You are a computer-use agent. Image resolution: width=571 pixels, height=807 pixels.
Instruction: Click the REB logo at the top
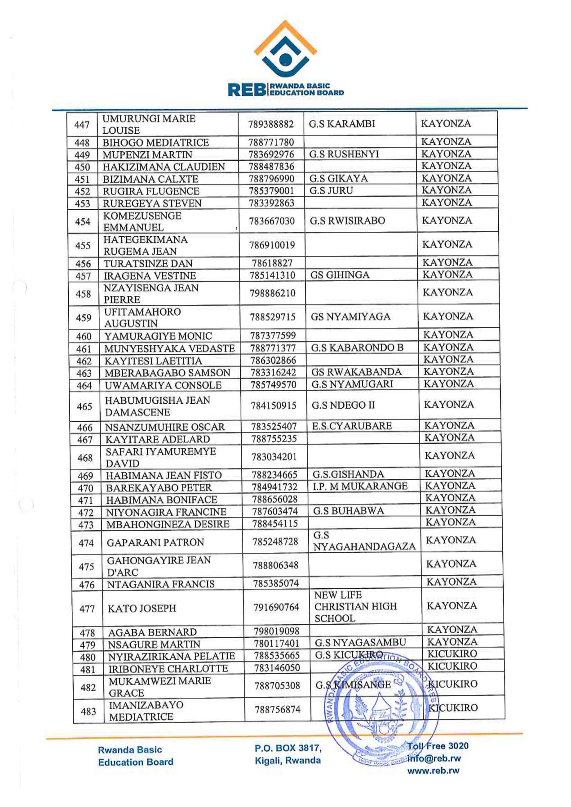(x=285, y=58)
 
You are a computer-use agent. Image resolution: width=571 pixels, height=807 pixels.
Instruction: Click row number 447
(x=82, y=124)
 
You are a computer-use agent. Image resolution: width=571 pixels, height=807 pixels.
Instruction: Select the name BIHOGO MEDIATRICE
(x=156, y=142)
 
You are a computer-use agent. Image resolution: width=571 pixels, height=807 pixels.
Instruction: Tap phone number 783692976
(x=271, y=154)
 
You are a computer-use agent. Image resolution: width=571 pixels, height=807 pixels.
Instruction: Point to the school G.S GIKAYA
(x=338, y=178)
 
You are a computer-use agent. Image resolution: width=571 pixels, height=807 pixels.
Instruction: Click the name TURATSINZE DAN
(x=148, y=264)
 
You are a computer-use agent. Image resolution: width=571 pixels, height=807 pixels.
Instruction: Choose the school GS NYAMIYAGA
(x=350, y=317)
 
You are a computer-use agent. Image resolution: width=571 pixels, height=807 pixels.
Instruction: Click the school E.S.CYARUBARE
(x=352, y=426)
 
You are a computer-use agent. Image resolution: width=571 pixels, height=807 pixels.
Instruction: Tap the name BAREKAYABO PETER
(x=159, y=488)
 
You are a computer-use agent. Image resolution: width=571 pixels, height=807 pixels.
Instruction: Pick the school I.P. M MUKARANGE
(x=360, y=486)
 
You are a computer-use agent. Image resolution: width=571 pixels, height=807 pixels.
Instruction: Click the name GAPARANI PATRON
(x=155, y=542)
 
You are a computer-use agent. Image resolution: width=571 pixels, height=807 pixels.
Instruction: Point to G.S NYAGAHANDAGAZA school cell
(x=364, y=541)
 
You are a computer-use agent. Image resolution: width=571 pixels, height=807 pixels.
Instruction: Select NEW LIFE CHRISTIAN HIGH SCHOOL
(x=355, y=606)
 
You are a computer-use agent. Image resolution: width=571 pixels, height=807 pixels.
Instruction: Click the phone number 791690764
(x=276, y=607)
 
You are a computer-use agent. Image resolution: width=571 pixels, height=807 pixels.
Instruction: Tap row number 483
(x=88, y=711)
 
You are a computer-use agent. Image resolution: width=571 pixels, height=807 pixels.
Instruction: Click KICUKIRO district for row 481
(x=452, y=666)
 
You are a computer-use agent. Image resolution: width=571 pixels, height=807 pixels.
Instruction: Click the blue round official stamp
(x=382, y=712)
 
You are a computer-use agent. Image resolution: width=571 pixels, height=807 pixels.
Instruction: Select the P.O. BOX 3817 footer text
(x=288, y=748)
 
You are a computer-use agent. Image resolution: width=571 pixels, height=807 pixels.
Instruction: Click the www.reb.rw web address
(x=433, y=771)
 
